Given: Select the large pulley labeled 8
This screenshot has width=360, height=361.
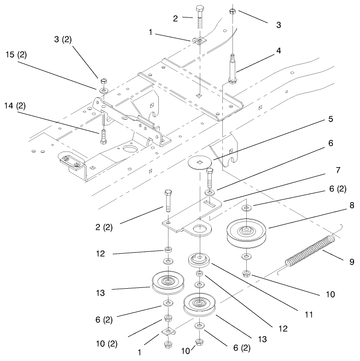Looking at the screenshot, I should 247,232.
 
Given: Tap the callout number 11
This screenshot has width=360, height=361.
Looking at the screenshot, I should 308,314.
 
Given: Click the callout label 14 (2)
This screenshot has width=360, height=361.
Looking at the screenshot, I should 16,105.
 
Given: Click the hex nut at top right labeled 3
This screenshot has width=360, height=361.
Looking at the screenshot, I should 233,11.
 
